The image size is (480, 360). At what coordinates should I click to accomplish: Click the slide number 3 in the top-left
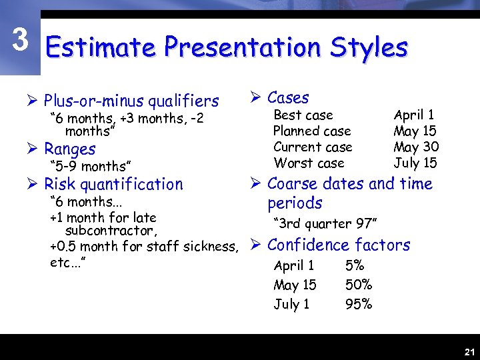(x=21, y=41)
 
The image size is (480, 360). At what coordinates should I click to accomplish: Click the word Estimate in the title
(x=100, y=47)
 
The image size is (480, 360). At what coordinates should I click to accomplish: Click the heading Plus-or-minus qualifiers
(x=131, y=101)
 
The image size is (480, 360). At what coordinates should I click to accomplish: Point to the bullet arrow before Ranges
(x=35, y=149)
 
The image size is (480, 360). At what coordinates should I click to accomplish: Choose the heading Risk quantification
(x=113, y=185)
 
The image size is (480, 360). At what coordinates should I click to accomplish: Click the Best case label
(x=303, y=115)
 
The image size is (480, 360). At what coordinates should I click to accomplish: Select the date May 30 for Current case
(x=416, y=147)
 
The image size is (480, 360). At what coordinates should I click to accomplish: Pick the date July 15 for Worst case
(x=415, y=163)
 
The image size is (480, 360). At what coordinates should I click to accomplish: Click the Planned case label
(x=312, y=131)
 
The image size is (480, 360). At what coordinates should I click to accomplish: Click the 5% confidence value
(x=355, y=266)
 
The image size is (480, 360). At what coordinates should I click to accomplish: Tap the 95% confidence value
(x=359, y=305)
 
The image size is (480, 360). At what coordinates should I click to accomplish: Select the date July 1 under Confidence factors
(x=292, y=305)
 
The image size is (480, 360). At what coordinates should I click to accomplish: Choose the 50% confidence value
(x=359, y=285)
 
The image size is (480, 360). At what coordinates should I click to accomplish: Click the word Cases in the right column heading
(x=288, y=98)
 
